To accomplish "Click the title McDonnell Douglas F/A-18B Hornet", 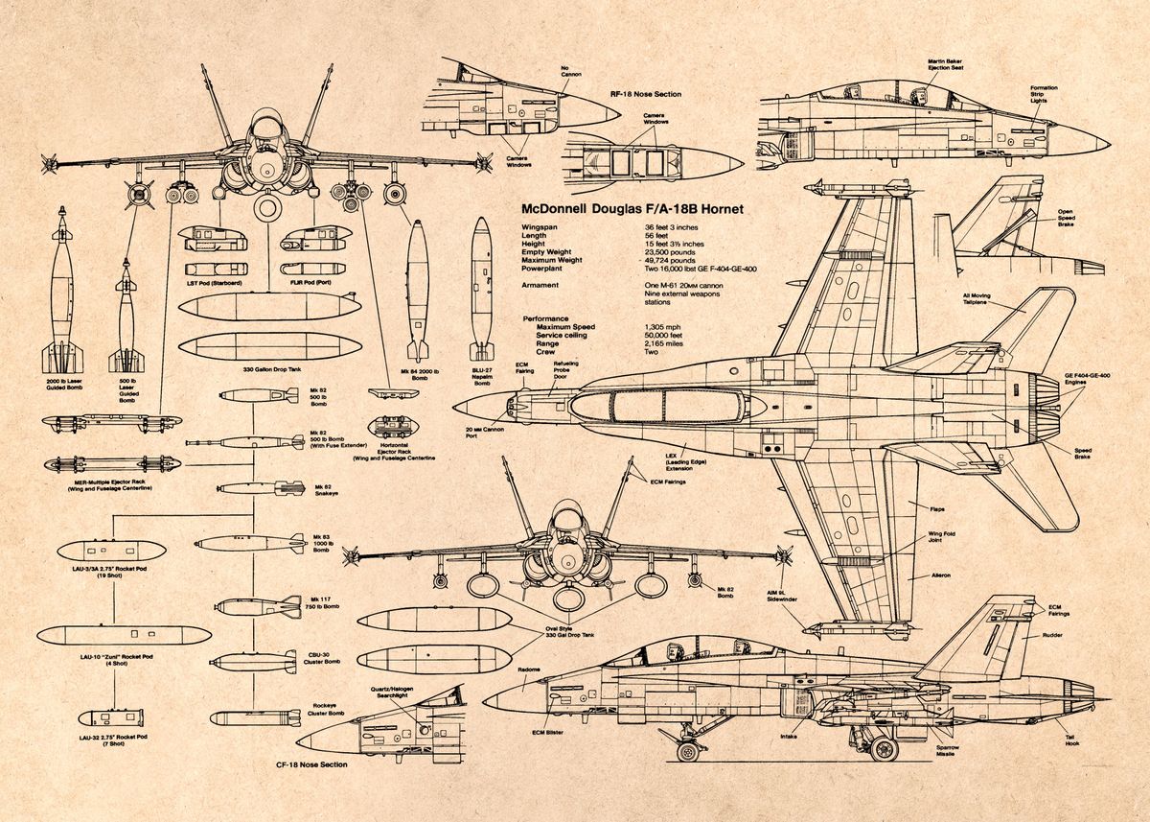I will tap(631, 208).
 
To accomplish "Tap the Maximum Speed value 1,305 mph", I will tap(665, 327).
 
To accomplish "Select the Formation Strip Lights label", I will tap(1044, 95).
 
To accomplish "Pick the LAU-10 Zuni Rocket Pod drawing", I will tap(124, 634).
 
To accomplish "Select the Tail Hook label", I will tap(1070, 740).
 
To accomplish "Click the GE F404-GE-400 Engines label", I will tap(1087, 379).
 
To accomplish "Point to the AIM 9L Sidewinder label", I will tap(782, 594).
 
